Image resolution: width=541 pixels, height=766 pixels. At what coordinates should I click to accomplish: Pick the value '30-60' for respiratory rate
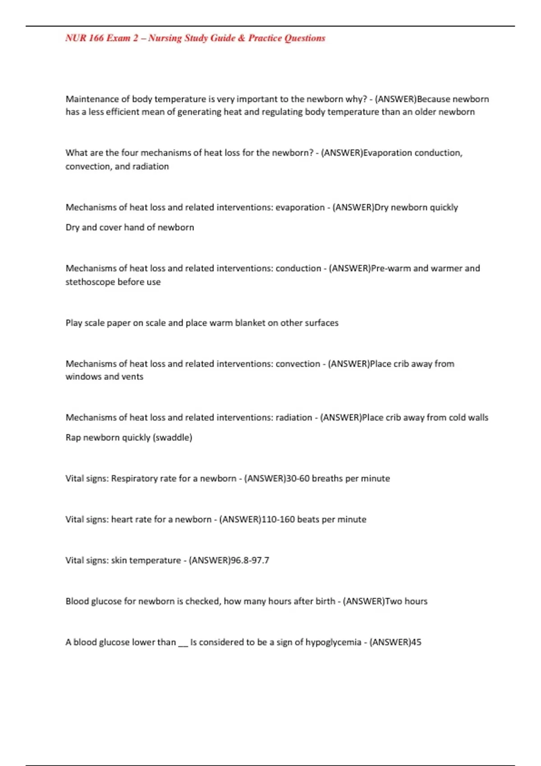click(298, 479)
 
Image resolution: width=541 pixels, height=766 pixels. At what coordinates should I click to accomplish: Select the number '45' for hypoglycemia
click(416, 643)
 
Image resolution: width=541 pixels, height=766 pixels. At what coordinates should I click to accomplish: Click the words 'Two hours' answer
click(406, 602)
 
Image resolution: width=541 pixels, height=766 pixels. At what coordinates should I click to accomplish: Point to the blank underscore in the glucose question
click(183, 643)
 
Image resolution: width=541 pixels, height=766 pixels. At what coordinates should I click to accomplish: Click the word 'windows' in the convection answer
click(83, 377)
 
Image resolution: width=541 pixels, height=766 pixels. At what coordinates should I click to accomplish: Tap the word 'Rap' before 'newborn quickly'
click(73, 438)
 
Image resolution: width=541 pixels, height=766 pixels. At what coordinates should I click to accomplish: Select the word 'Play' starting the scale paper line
click(74, 323)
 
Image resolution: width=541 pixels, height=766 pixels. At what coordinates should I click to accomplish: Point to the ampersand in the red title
click(242, 38)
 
